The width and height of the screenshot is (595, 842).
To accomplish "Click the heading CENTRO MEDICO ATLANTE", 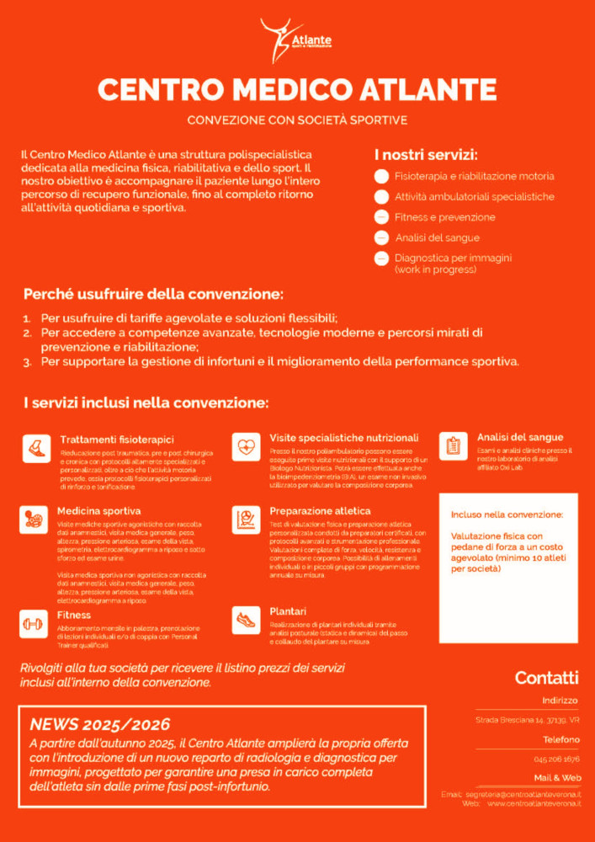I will pos(297,89).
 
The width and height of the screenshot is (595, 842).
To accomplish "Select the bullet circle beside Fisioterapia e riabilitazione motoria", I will pos(381,177).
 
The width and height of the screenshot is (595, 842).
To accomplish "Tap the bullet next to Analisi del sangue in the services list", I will pos(381,237).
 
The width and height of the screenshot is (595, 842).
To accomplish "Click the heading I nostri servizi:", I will pos(426,156).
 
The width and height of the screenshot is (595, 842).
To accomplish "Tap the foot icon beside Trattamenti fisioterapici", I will pos(35,446).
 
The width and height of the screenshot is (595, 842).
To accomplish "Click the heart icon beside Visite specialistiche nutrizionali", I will pos(246,446).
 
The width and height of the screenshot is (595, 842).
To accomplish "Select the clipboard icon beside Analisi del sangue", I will pos(454,445).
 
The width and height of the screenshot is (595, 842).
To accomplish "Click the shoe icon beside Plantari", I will pos(246,620).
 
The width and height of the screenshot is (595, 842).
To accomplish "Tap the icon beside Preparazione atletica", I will pos(246,519).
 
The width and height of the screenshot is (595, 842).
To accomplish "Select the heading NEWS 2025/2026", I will pos(99,724).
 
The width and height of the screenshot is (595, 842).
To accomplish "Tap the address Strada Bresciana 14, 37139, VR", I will pos(526,721).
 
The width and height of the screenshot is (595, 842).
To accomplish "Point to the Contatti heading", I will pos(546,678).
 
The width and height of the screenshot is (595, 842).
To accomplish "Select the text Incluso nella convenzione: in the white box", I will pos(507,514).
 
